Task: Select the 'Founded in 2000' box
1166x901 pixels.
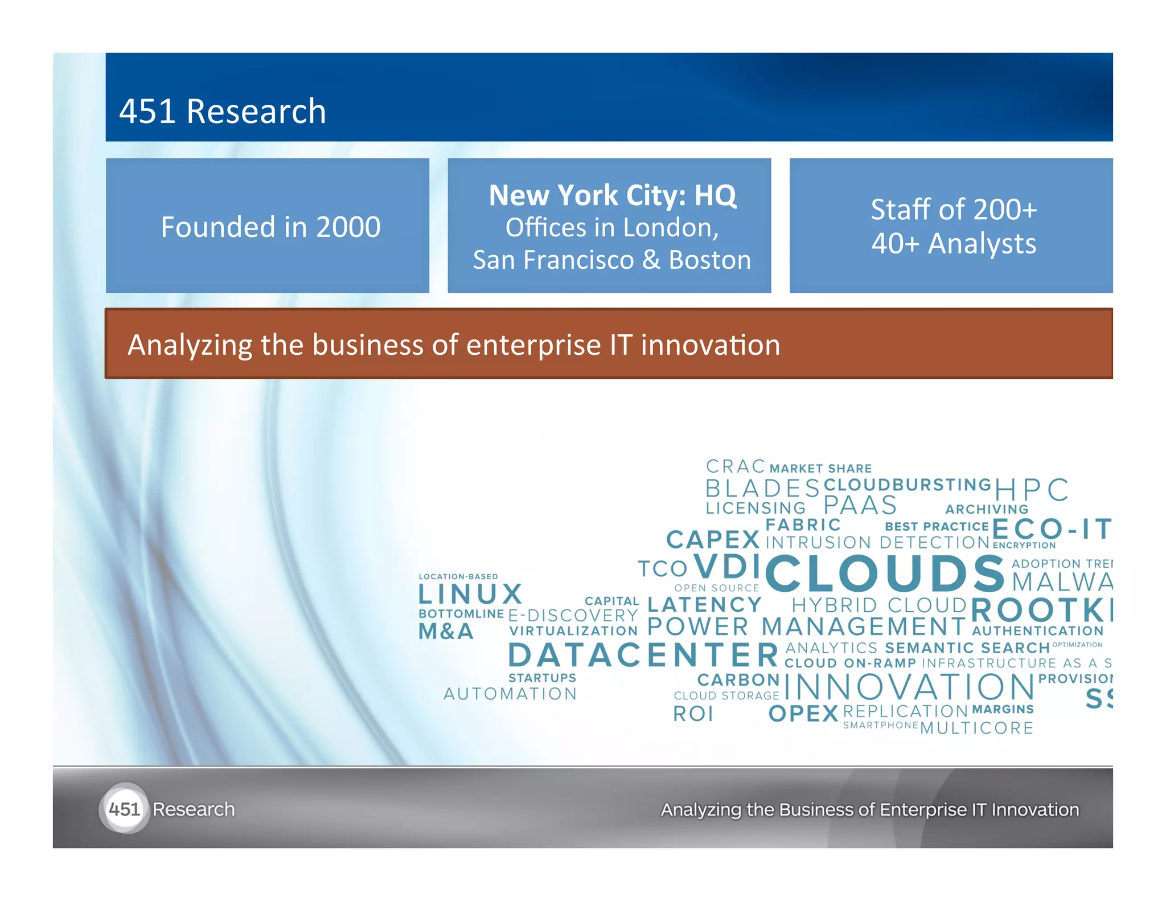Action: [x=268, y=226]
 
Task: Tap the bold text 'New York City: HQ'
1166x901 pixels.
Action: [x=613, y=195]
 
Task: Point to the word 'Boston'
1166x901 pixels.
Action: [x=709, y=260]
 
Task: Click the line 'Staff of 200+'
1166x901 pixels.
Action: [x=954, y=210]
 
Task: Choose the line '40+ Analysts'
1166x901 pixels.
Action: [x=954, y=244]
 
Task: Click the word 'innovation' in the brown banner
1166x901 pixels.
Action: [x=710, y=345]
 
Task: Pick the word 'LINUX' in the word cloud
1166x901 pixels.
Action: [x=470, y=595]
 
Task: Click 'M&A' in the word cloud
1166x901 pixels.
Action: [x=446, y=632]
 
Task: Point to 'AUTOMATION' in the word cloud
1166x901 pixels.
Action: [x=510, y=694]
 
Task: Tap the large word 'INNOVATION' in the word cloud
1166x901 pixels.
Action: [x=909, y=687]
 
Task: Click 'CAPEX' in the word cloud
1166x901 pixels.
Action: [x=713, y=540]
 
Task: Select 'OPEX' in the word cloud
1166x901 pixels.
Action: [x=803, y=714]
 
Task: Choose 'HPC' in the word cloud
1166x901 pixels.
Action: [x=1031, y=490]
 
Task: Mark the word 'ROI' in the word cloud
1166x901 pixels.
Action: [x=693, y=714]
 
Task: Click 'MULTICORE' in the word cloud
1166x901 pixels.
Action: [x=976, y=728]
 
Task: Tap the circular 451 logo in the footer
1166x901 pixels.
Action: [x=124, y=809]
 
